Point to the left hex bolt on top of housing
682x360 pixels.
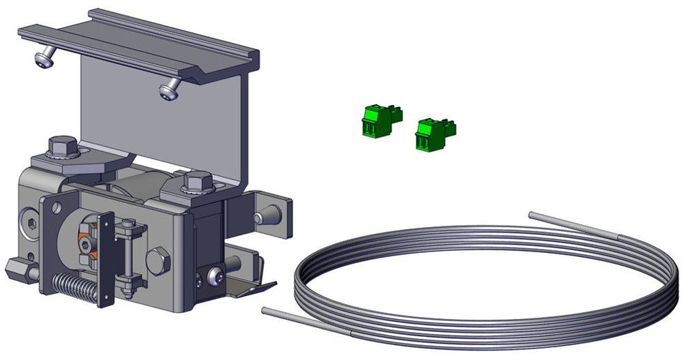(x=63, y=147)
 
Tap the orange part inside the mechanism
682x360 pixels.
(x=87, y=239)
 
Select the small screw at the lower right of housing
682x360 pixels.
(x=216, y=277)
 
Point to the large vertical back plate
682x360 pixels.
(x=164, y=123)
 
